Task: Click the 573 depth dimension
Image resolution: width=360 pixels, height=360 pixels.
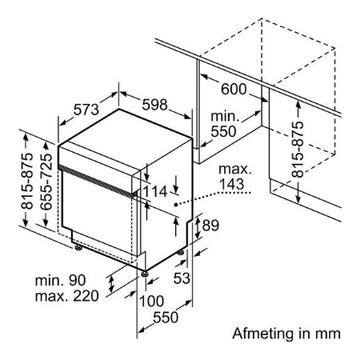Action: coord(86,110)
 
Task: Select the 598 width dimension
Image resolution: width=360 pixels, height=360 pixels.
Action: coord(154,105)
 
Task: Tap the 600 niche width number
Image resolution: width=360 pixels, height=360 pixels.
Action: coord(234,89)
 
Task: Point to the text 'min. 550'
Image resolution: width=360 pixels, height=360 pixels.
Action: coord(224,124)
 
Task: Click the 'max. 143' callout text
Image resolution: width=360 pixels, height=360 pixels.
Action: coord(235,177)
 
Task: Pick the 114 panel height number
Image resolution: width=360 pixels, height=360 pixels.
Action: coord(155,191)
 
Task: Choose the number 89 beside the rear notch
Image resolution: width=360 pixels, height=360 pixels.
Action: coord(210,226)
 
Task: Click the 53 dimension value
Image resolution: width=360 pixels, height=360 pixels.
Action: coord(182,278)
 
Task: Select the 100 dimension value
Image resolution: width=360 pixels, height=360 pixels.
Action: coord(151,302)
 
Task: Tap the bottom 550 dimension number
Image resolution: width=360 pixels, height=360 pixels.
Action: coord(166,318)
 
